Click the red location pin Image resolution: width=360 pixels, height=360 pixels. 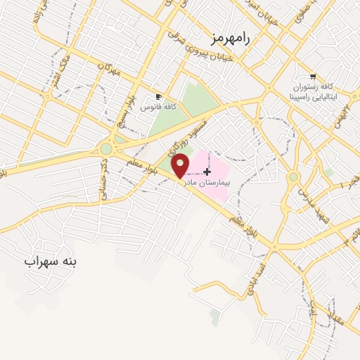click(181, 165)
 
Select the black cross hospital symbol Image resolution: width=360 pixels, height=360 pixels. click(207, 171)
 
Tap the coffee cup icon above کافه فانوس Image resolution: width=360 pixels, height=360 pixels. click(159, 96)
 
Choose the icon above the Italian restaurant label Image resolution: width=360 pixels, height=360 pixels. click(313, 77)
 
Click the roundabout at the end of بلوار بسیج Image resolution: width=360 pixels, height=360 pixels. click(106, 148)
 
